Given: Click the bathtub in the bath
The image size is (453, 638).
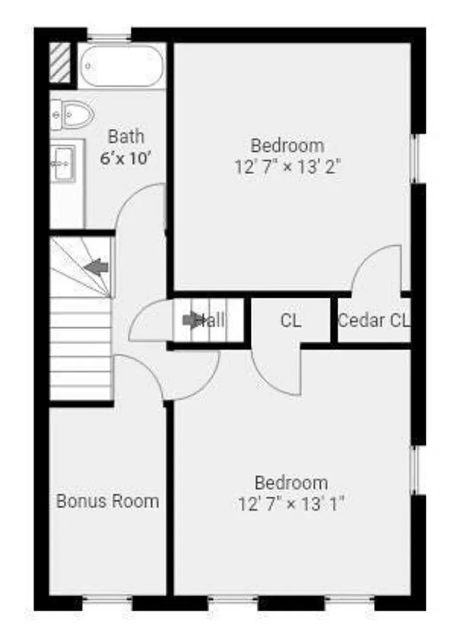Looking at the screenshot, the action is [121, 66].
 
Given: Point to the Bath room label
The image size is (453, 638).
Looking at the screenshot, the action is [126, 136].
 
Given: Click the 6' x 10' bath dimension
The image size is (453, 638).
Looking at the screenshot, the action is [126, 158].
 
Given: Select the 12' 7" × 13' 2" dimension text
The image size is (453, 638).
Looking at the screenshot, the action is [287, 167].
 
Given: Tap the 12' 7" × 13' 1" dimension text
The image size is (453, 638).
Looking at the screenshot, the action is [291, 504].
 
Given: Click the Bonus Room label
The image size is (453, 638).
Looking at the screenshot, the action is [108, 501].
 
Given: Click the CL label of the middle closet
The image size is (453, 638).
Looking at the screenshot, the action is [291, 321].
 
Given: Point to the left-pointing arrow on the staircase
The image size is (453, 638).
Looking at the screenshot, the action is [96, 268].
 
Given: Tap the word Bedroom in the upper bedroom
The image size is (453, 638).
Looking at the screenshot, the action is [287, 145].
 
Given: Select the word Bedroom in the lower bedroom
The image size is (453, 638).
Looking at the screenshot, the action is [292, 483].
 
